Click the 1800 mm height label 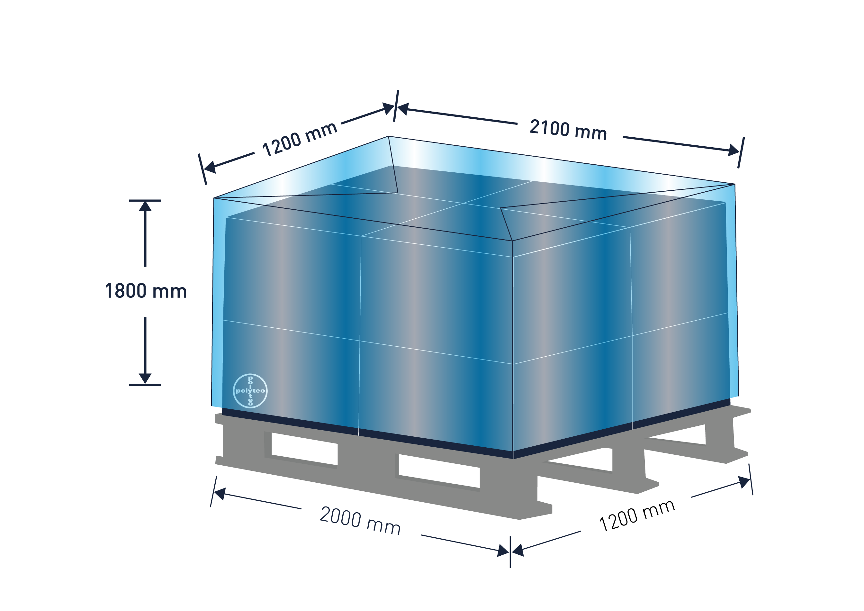tap(146, 291)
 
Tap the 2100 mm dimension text tap(568, 130)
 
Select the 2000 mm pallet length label tap(360, 520)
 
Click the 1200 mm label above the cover tap(300, 139)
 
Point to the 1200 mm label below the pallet tap(637, 515)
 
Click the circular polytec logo tap(250, 391)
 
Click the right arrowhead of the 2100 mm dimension tap(733, 150)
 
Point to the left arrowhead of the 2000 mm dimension tap(220, 494)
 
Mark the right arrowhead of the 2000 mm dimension tap(503, 551)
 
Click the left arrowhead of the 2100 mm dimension tap(403, 109)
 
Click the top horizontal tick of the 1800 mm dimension tap(145, 201)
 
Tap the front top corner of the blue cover tap(512, 241)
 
